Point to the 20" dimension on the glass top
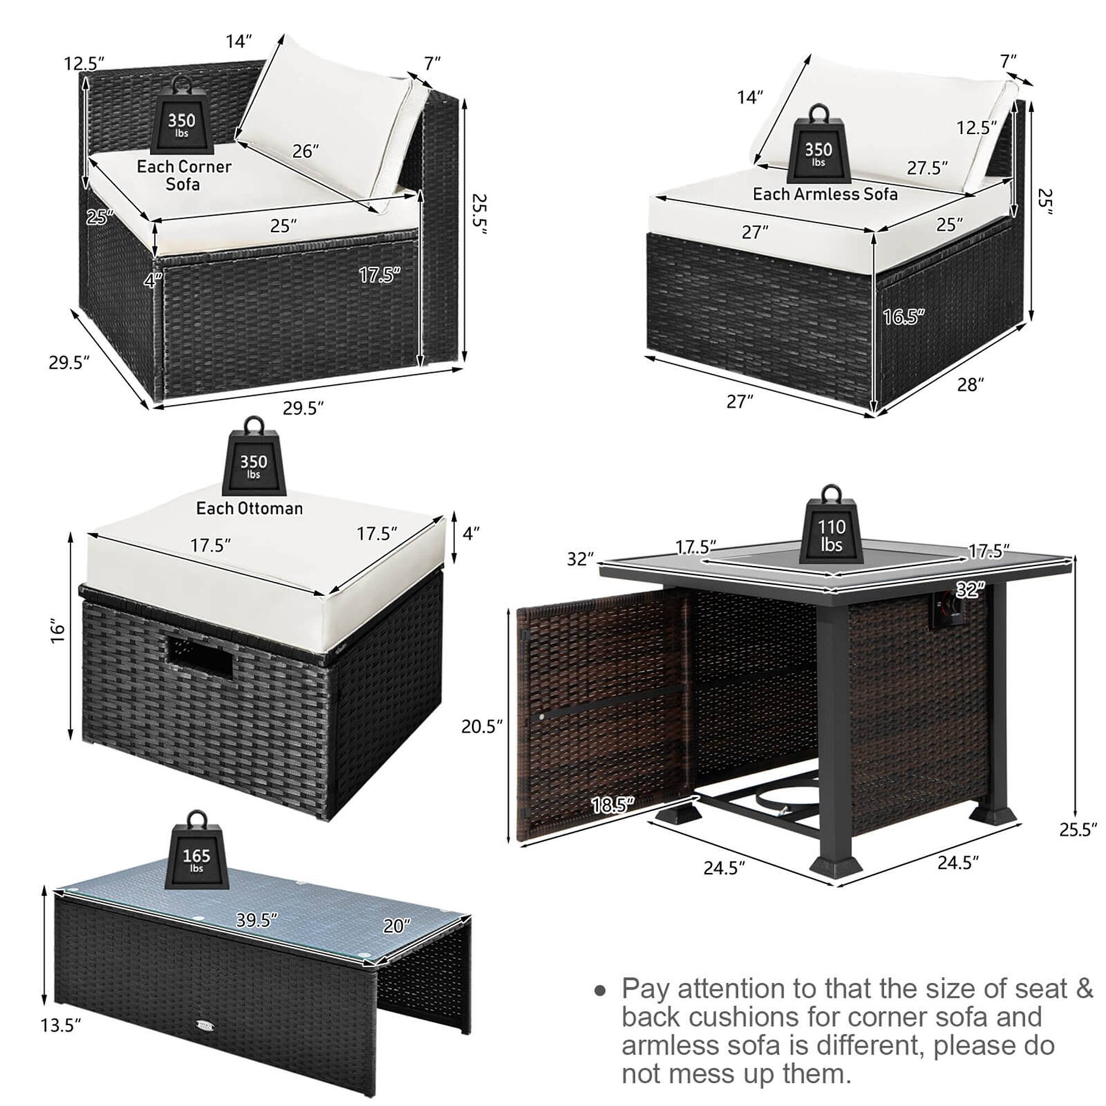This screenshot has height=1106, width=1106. pyautogui.click(x=397, y=926)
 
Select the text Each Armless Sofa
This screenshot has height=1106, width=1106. pyautogui.click(x=825, y=194)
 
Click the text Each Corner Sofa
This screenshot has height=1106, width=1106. pyautogui.click(x=184, y=175)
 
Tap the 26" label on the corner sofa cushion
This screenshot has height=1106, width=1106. pyautogui.click(x=305, y=151)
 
